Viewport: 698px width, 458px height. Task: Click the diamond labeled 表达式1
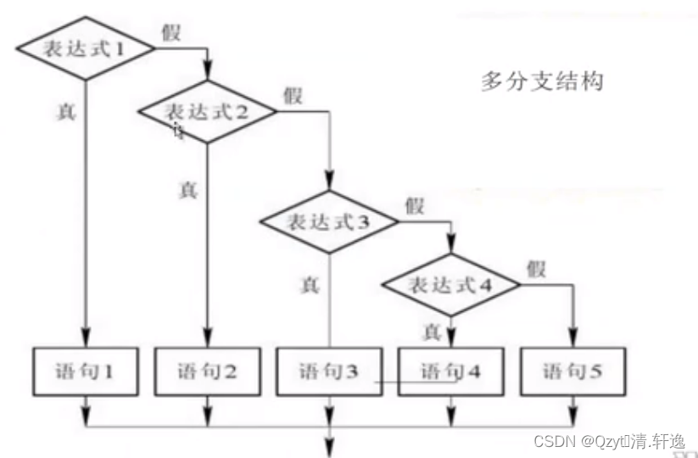click(x=86, y=48)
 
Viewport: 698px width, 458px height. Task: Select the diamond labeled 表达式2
click(x=207, y=110)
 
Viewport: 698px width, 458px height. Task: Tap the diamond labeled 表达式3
click(x=327, y=222)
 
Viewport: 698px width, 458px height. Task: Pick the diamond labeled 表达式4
click(x=450, y=284)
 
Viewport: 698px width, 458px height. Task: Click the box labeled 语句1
click(x=86, y=371)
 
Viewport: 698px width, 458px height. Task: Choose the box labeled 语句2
click(x=207, y=371)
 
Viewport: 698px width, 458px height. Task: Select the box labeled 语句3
click(x=328, y=371)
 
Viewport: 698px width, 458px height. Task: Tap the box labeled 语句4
click(x=450, y=371)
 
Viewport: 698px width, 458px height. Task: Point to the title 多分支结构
click(x=542, y=81)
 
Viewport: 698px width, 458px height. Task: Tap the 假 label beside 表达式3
click(x=414, y=205)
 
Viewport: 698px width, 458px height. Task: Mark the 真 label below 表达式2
click(x=187, y=188)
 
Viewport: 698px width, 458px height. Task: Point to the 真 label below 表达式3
click(x=309, y=285)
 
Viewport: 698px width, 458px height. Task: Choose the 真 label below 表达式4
click(x=431, y=329)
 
